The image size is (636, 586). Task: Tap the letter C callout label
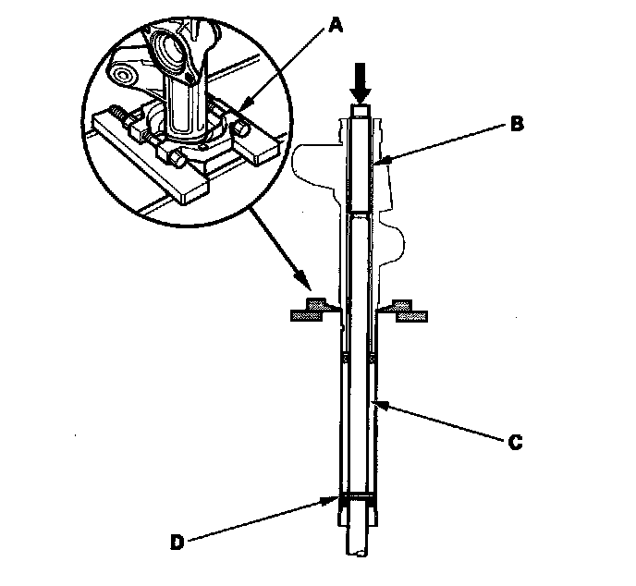518,442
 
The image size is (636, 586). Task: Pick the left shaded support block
311,312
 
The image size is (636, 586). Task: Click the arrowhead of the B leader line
380,164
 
